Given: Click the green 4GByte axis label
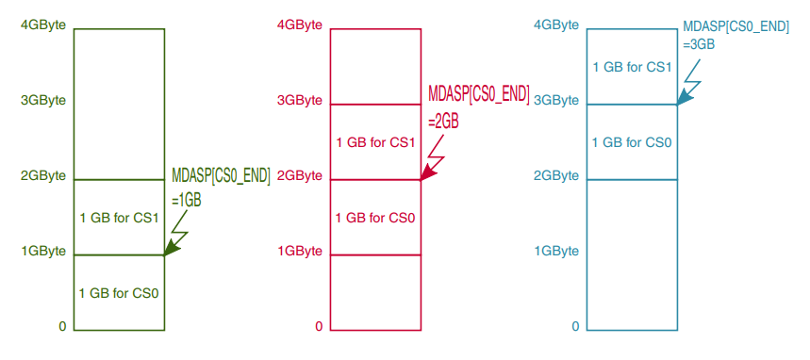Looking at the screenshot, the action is point(42,25).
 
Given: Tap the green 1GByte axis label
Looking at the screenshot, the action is point(42,251).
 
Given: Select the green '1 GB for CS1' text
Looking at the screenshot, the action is point(119,218).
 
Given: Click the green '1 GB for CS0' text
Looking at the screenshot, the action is point(119,293).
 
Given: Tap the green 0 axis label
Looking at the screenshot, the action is point(62,326).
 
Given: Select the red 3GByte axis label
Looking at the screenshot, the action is point(300,100).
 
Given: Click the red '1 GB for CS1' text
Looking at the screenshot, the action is point(375,142).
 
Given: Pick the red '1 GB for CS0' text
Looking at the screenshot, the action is point(375,218).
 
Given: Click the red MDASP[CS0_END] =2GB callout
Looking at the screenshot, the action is point(479,106).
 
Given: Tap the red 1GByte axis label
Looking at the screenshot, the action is point(300,251).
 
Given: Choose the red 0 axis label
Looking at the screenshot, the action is point(319,326).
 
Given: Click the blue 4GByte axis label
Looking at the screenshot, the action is point(556,25).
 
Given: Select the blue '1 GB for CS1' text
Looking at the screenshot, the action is point(632,67).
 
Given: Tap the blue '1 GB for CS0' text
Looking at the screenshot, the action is point(632,142).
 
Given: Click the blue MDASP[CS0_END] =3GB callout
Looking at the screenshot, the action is point(735,35).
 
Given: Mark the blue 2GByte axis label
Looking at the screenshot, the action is point(556,175).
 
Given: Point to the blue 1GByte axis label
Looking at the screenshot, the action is point(556,251).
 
